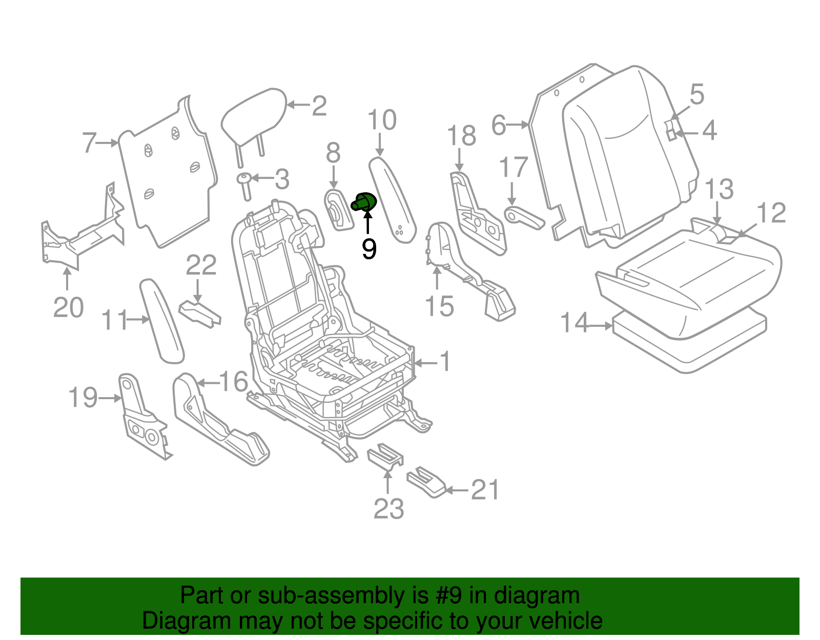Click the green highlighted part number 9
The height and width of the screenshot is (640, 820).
click(364, 202)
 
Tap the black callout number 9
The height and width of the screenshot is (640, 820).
click(369, 249)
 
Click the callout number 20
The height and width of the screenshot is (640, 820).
click(68, 307)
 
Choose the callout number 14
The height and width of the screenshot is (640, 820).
click(574, 323)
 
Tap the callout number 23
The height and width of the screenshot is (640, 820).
click(388, 509)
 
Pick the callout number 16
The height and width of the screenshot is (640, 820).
click(233, 382)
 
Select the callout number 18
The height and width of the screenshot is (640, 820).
click(461, 136)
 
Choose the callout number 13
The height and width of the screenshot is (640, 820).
click(720, 190)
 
